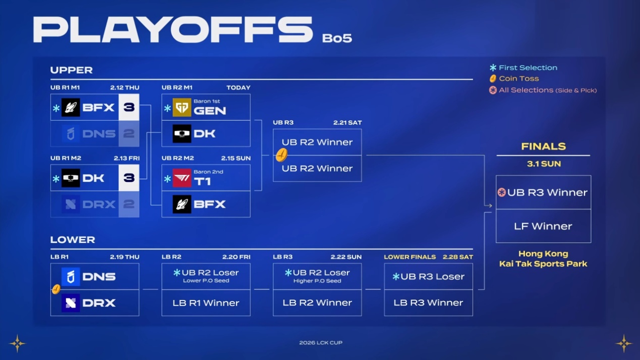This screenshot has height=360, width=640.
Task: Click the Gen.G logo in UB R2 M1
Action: pyautogui.click(x=182, y=107)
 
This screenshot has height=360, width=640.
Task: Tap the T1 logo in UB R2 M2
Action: pyautogui.click(x=182, y=178)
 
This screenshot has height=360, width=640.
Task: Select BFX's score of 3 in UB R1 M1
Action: pyautogui.click(x=129, y=107)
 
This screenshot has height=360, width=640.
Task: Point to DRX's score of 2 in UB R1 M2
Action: pyautogui.click(x=129, y=204)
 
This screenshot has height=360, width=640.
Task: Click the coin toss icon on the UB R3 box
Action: pyautogui.click(x=281, y=155)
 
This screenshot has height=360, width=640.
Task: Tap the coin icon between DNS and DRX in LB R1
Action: pyautogui.click(x=56, y=289)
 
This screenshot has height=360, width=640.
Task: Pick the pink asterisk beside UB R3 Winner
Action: pyautogui.click(x=501, y=192)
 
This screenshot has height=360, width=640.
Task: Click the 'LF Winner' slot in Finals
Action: pyautogui.click(x=543, y=226)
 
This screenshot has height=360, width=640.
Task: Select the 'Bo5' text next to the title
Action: pyautogui.click(x=337, y=38)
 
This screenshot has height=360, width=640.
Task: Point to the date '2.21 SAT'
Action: pyautogui.click(x=347, y=123)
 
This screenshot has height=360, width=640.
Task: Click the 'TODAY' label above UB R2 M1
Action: pyautogui.click(x=238, y=88)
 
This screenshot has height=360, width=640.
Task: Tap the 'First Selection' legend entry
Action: pyautogui.click(x=523, y=68)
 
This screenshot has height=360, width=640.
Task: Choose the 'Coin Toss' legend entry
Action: pyautogui.click(x=514, y=79)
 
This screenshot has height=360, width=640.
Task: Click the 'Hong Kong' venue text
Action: pyautogui.click(x=543, y=254)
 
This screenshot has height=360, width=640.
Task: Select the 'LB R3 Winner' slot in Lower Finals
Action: pyautogui.click(x=428, y=303)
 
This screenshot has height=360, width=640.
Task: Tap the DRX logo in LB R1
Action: pyautogui.click(x=71, y=303)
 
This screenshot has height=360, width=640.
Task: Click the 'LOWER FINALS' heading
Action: pyautogui.click(x=410, y=257)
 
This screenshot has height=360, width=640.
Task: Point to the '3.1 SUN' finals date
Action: pyautogui.click(x=544, y=164)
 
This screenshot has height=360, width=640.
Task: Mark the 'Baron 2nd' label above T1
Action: pyautogui.click(x=208, y=172)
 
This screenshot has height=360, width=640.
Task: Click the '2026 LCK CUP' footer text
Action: pyautogui.click(x=321, y=342)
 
